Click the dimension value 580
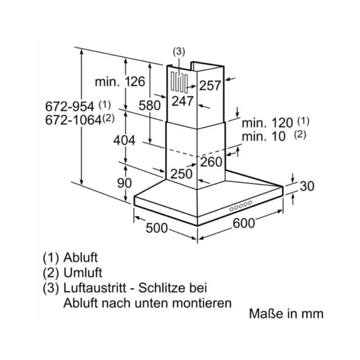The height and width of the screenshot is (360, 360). [150, 106]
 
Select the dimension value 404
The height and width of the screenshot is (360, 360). [124, 140]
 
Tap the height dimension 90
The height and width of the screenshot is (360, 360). [124, 183]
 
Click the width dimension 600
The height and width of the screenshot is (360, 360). [243, 223]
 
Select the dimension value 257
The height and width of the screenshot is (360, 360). [211, 85]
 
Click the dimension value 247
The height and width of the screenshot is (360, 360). [183, 101]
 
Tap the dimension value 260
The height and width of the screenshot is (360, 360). [211, 162]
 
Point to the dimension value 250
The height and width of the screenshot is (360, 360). [181, 174]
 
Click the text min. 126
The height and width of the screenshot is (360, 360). [120, 82]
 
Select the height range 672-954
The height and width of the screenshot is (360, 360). [70, 107]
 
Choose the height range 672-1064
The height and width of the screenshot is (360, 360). [73, 120]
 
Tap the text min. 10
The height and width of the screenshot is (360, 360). [264, 136]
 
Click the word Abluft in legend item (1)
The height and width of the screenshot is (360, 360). [81, 258]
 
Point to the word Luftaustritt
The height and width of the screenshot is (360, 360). [98, 288]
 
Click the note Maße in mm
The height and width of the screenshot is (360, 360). [286, 314]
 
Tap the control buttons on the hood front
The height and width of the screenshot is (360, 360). [240, 207]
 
